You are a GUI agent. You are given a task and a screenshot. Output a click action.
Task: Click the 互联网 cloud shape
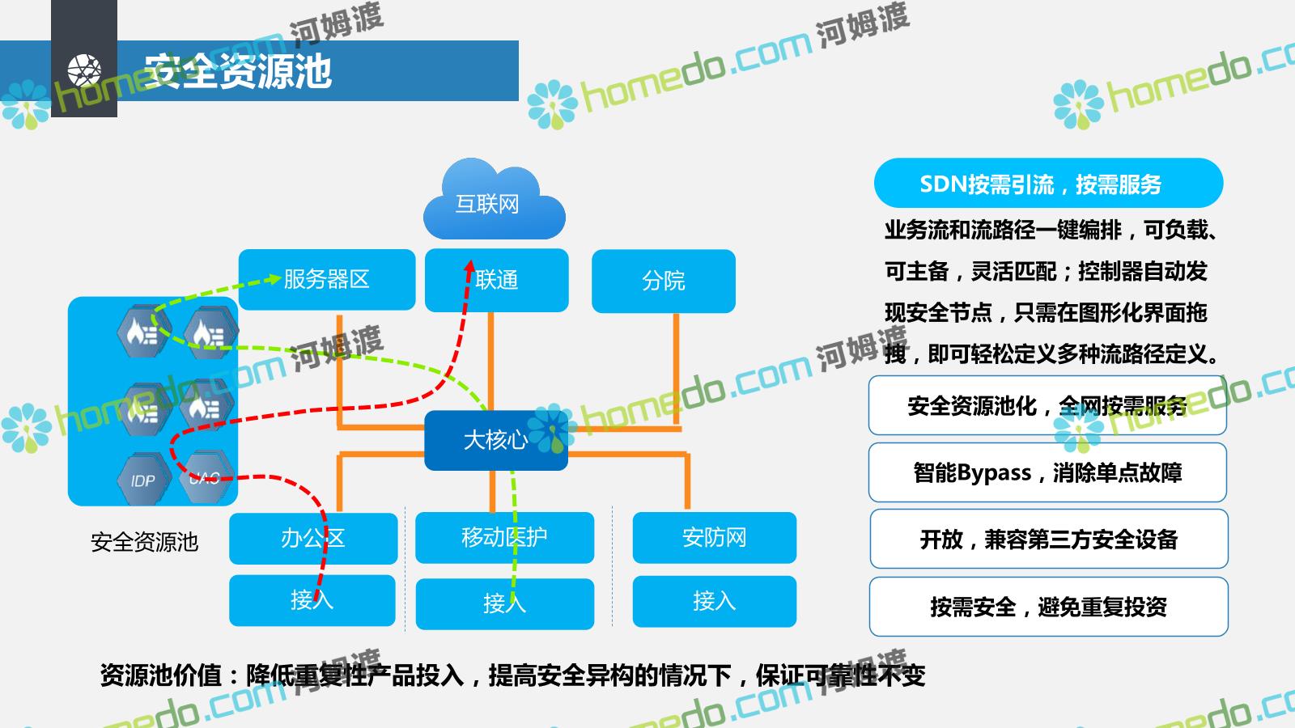pos(494,202)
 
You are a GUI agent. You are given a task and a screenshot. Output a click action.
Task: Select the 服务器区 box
pos(327,280)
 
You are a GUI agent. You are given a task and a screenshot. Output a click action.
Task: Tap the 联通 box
pos(497,280)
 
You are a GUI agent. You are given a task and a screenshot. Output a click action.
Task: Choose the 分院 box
pos(664,281)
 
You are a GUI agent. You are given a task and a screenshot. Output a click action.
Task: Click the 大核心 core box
pos(495,440)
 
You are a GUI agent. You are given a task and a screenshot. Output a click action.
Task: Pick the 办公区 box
pos(313,538)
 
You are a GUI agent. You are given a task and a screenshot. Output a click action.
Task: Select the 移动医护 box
pos(504,537)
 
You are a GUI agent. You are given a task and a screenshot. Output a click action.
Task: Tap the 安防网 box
pos(714,537)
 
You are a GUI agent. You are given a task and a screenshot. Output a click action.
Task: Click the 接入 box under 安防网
pos(714,601)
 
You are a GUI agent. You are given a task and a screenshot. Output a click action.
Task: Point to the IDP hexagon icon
pos(143,480)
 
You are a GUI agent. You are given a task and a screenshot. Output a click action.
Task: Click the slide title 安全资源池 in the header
pos(238,71)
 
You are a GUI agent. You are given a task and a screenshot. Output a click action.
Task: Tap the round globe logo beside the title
pos(84,70)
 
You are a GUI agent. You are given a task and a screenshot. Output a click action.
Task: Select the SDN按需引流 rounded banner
pos(1048,184)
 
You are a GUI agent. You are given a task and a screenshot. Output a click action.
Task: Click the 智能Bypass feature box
pos(1047,472)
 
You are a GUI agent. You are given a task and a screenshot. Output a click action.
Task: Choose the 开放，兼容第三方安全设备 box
pos(1048,540)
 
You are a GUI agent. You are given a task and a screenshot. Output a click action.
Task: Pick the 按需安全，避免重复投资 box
pos(1048,607)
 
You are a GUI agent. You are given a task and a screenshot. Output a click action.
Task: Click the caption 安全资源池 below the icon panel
pos(144,542)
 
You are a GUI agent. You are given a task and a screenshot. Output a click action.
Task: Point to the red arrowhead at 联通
pos(469,267)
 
